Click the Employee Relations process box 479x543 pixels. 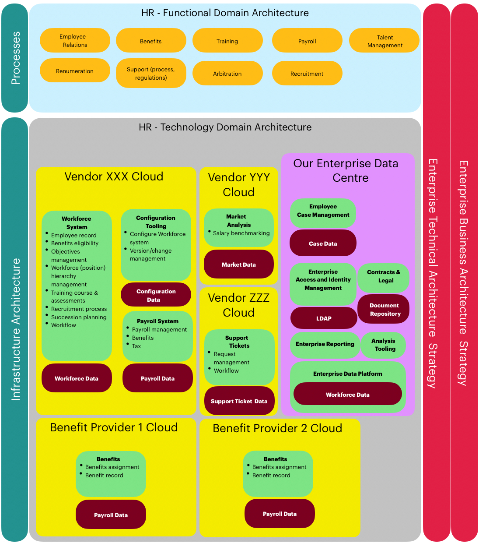[75, 40]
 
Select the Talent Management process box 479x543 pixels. [384, 41]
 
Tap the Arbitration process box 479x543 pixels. [227, 74]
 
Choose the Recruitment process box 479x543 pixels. [307, 74]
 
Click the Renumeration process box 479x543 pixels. [75, 71]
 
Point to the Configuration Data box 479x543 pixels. [156, 295]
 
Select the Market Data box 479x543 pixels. [239, 264]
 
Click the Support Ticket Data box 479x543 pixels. [239, 401]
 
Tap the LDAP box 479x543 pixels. [324, 318]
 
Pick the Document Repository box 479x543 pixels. [384, 309]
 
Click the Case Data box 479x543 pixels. [323, 243]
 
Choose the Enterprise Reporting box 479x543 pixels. [325, 344]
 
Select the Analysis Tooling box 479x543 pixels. [384, 345]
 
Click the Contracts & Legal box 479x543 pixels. [383, 276]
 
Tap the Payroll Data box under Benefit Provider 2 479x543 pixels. [280, 514]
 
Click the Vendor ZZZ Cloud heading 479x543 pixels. [239, 305]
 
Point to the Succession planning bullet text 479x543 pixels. [79, 317]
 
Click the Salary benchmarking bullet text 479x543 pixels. [241, 233]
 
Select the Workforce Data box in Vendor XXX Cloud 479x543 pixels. [77, 378]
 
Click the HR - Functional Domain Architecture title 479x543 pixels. [225, 13]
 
